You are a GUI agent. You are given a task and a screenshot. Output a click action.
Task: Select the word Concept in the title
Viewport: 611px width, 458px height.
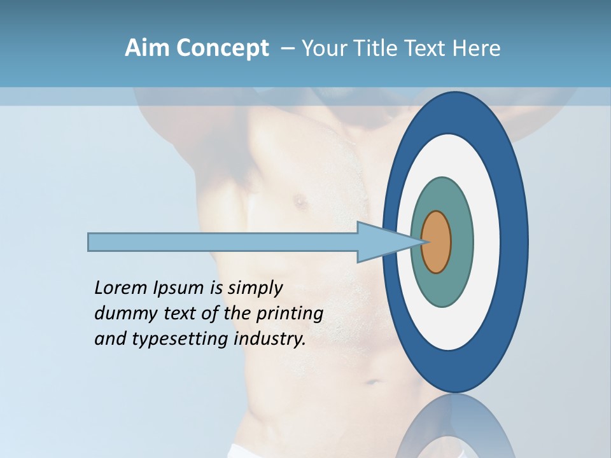pos(222,49)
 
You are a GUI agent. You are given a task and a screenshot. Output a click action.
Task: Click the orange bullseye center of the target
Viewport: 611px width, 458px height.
pos(437,242)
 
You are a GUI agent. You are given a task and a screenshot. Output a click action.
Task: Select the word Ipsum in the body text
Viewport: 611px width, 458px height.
pos(178,289)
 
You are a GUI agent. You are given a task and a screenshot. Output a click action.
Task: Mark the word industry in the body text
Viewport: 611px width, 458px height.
pos(270,339)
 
